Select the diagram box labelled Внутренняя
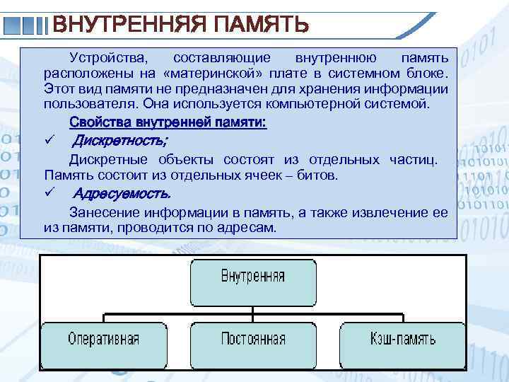coord(253,282)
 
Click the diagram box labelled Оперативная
coord(103,339)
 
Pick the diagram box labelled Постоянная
coord(253,339)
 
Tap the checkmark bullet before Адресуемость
coord(49,193)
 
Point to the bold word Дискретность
coord(120,140)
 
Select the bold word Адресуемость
coord(122,193)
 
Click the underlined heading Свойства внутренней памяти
coord(167,122)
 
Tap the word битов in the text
coord(318,175)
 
